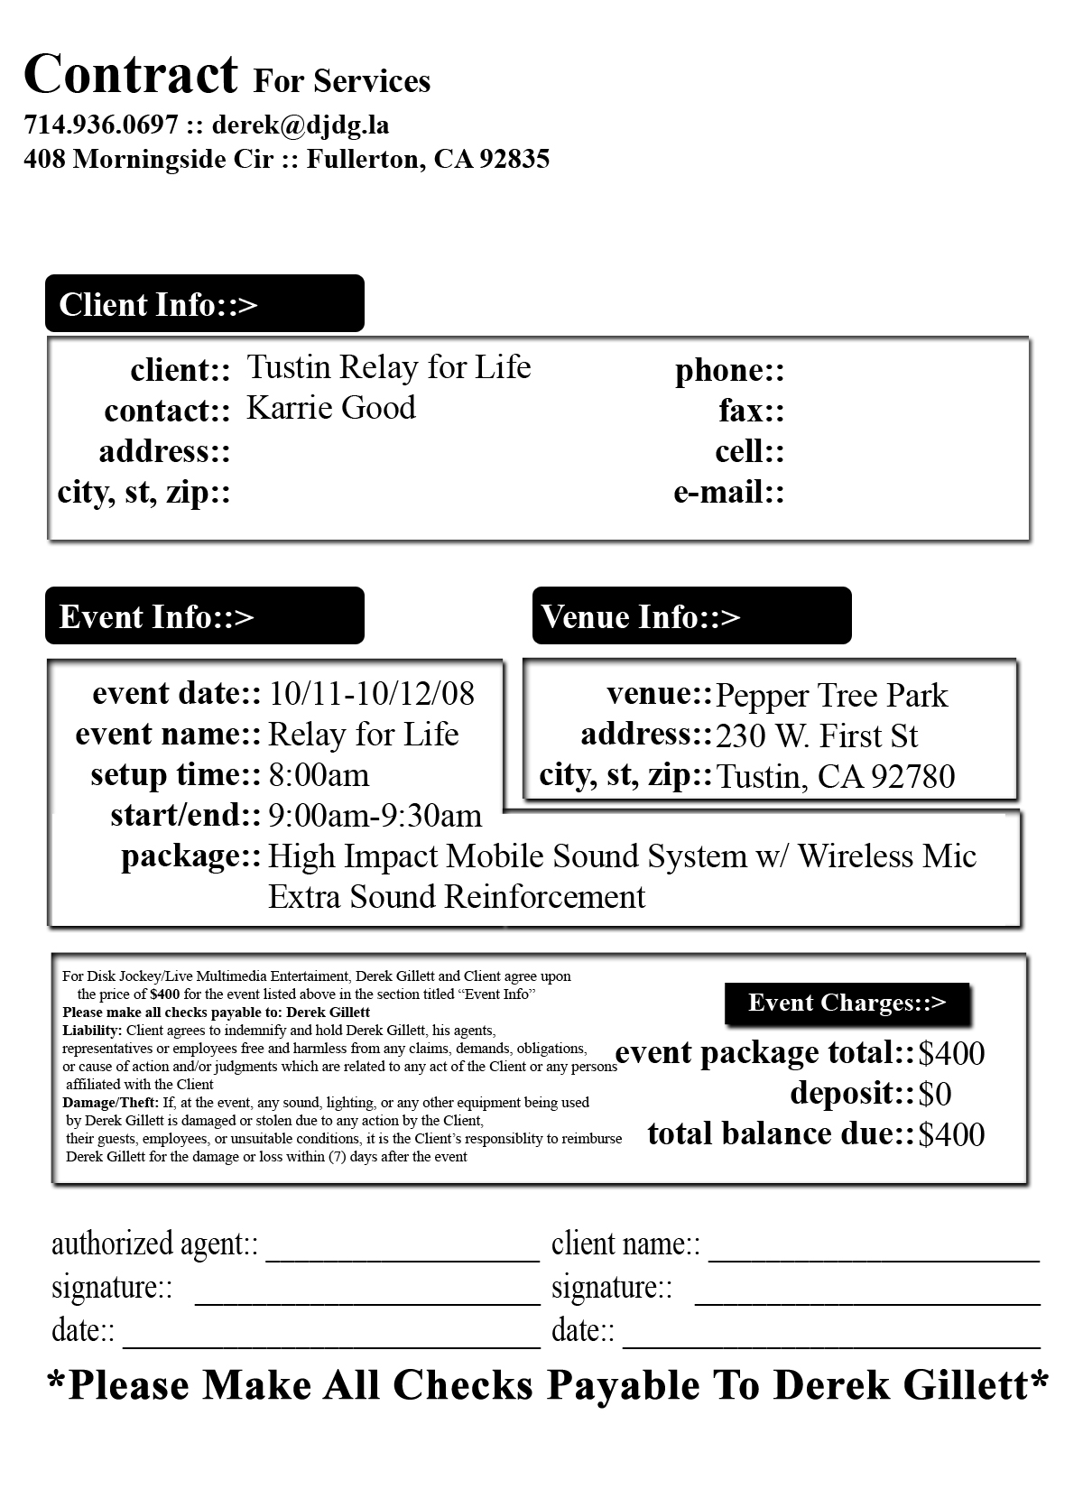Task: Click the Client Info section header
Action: click(x=204, y=304)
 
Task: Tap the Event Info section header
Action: click(x=204, y=616)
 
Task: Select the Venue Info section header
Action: click(x=691, y=616)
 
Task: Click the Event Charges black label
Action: click(x=847, y=1003)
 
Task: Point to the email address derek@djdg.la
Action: click(x=301, y=125)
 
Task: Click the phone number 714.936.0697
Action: click(x=101, y=125)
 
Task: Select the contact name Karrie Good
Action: click(x=331, y=408)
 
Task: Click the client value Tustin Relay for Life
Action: click(x=389, y=367)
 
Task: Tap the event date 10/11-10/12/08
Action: click(x=372, y=693)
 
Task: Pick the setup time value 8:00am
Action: click(x=319, y=775)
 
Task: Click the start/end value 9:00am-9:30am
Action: click(x=375, y=816)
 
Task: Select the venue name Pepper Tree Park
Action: click(x=831, y=696)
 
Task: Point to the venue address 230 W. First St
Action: click(x=817, y=736)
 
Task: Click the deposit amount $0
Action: click(x=935, y=1095)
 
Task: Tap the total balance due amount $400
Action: click(x=951, y=1135)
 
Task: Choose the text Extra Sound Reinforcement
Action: click(x=457, y=897)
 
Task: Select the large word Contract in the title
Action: click(x=131, y=74)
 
